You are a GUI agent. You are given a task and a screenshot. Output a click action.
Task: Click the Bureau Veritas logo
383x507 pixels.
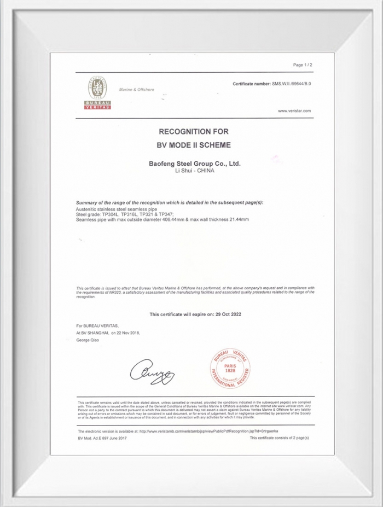tap(97, 93)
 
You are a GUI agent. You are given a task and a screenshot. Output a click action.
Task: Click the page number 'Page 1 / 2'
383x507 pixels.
tap(303, 65)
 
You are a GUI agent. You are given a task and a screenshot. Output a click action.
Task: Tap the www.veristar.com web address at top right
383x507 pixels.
tap(294, 110)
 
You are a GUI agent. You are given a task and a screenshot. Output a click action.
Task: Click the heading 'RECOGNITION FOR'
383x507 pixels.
tap(193, 132)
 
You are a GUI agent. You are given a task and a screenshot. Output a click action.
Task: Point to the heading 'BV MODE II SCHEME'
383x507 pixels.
tap(194, 145)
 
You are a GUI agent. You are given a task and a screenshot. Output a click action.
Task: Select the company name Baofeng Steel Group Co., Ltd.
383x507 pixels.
tap(195, 163)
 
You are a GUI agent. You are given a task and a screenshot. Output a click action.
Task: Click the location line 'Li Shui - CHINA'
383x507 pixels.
tap(194, 171)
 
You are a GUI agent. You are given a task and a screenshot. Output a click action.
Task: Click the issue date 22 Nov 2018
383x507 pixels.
tap(127, 332)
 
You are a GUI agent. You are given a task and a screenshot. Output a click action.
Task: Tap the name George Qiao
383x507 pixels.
tap(88, 340)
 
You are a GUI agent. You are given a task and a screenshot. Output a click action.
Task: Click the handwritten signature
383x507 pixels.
tap(152, 371)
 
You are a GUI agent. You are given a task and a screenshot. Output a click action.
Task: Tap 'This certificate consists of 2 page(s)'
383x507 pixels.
tap(280, 438)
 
